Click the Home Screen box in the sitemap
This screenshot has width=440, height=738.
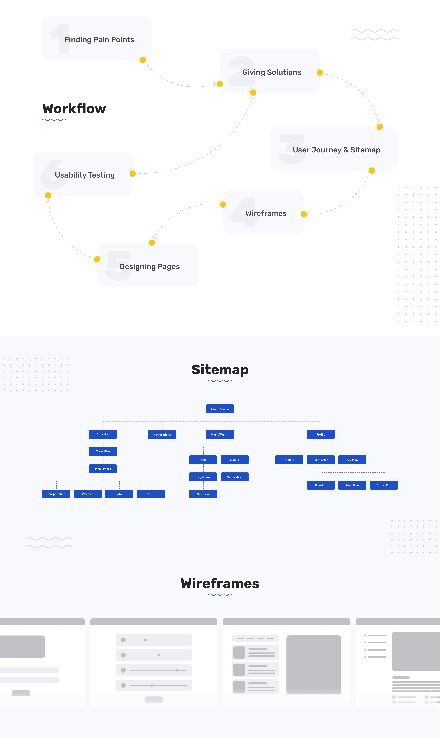pyautogui.click(x=220, y=409)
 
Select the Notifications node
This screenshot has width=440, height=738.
pyautogui.click(x=162, y=435)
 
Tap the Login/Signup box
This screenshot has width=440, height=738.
pyautogui.click(x=220, y=434)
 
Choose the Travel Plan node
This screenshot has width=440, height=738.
pyautogui.click(x=103, y=451)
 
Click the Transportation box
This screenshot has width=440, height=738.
pyautogui.click(x=56, y=494)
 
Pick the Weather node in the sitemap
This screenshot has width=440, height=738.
pyautogui.click(x=87, y=494)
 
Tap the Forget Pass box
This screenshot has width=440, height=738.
pyautogui.click(x=203, y=477)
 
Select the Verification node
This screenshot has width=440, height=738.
pyautogui.click(x=235, y=477)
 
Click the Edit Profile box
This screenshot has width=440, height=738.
pyautogui.click(x=321, y=460)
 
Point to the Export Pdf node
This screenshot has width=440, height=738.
pyautogui.click(x=384, y=485)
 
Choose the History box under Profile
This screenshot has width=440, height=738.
pyautogui.click(x=289, y=460)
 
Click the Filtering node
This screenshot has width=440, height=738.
pyautogui.click(x=321, y=485)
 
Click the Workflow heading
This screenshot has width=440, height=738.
pyautogui.click(x=74, y=108)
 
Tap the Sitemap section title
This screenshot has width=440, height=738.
pyautogui.click(x=220, y=370)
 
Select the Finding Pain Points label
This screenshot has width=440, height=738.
pyautogui.click(x=99, y=39)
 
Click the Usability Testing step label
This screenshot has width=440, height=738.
pyautogui.click(x=85, y=175)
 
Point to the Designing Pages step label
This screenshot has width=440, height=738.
pyautogui.click(x=150, y=266)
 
